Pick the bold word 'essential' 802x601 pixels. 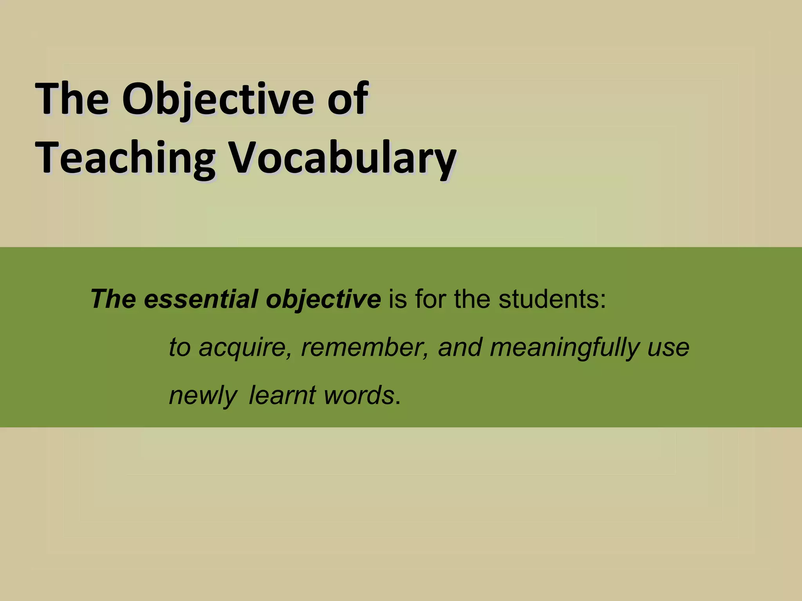(x=200, y=299)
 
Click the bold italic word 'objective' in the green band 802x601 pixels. (x=323, y=300)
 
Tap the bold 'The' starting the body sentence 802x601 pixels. (x=114, y=299)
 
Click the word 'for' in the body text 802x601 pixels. (x=430, y=299)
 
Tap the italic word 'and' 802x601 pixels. (x=460, y=347)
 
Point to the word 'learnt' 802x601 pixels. (x=282, y=395)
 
